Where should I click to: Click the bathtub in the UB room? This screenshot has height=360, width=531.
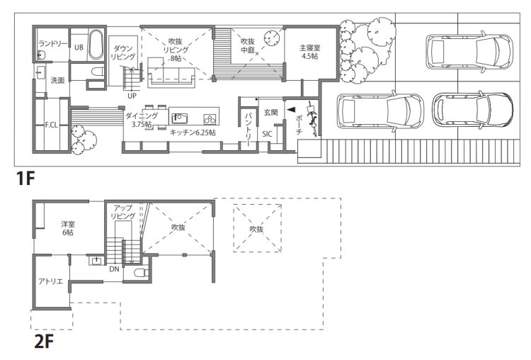(x=96, y=45)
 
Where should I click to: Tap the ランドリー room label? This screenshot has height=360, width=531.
(x=52, y=44)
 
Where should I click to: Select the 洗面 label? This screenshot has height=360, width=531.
(x=57, y=80)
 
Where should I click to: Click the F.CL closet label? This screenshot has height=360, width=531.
(x=52, y=125)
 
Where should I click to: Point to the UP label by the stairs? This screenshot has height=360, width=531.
(x=132, y=96)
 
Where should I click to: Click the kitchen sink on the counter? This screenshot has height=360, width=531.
(x=180, y=119)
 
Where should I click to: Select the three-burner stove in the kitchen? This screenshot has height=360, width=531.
(x=210, y=119)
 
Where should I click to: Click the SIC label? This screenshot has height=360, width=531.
(x=267, y=134)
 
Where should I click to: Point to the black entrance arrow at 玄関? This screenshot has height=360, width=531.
(x=290, y=110)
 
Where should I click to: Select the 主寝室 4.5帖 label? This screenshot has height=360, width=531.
(x=310, y=52)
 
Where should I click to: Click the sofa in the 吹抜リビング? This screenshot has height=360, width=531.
(x=171, y=72)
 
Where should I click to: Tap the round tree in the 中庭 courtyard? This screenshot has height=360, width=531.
(x=273, y=37)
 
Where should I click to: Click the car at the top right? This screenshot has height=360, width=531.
(x=469, y=52)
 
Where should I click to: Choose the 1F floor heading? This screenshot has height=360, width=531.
(x=25, y=179)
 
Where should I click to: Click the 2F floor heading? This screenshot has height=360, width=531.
(x=44, y=342)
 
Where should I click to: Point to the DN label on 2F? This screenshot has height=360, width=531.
(x=115, y=269)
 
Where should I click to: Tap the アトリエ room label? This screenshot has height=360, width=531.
(x=51, y=281)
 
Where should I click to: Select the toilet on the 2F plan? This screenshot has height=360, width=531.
(x=139, y=273)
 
